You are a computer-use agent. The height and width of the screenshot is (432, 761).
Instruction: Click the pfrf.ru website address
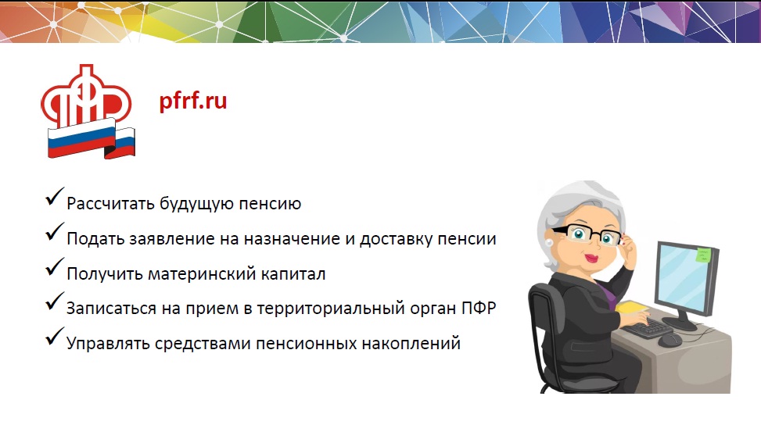click(193, 102)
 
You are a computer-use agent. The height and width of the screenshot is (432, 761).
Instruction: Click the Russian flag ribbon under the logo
click(92, 140)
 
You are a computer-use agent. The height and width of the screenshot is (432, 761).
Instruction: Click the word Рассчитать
click(110, 204)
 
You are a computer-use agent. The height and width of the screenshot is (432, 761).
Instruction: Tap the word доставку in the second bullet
click(396, 239)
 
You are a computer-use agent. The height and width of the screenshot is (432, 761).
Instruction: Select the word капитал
click(293, 274)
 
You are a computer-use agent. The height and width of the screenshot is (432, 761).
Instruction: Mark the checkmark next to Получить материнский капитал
click(55, 266)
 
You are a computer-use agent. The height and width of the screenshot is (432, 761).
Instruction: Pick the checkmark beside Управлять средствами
click(55, 337)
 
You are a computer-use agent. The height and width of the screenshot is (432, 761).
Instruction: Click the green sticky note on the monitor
click(703, 255)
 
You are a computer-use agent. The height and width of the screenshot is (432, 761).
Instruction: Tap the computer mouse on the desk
click(669, 340)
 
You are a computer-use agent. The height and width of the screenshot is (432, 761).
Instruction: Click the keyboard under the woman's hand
click(648, 327)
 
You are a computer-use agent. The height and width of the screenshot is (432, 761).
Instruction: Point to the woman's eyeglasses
click(587, 234)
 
